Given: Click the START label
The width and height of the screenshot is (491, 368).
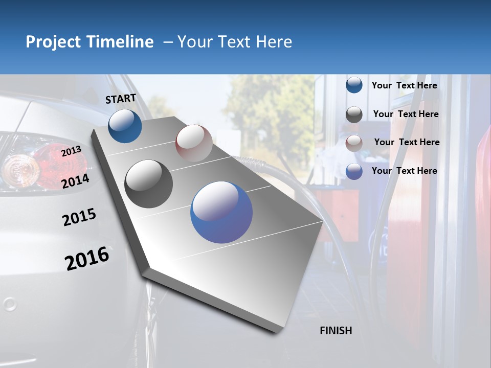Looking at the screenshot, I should click(121, 99).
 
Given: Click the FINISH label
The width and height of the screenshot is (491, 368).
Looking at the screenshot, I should click(336, 331).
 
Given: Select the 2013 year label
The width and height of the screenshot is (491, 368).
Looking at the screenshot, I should click(71, 151).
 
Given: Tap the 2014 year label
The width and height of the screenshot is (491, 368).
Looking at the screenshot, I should click(76, 181).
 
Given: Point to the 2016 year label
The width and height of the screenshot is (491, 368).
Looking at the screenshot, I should click(87, 259).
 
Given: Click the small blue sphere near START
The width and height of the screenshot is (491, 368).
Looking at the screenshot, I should click(125, 126).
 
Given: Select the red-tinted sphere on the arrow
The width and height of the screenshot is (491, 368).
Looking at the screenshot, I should click(194, 143).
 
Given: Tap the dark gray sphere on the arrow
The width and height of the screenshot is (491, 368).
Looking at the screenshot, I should click(149, 184).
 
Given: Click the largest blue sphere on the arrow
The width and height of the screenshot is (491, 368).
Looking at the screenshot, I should click(221, 212).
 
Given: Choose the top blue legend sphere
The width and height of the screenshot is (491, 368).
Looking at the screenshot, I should click(354, 85).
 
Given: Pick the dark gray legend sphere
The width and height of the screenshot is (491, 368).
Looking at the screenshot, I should click(354, 114).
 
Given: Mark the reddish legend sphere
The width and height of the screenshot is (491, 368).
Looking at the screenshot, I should click(354, 143).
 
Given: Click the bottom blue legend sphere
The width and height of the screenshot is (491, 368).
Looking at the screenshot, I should click(354, 171).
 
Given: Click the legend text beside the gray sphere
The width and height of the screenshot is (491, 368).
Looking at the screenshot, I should click(406, 114).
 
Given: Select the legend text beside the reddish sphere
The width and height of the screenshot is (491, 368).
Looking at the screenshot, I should click(407, 142).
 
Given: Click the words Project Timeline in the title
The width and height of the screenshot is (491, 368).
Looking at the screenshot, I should click(90, 42).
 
